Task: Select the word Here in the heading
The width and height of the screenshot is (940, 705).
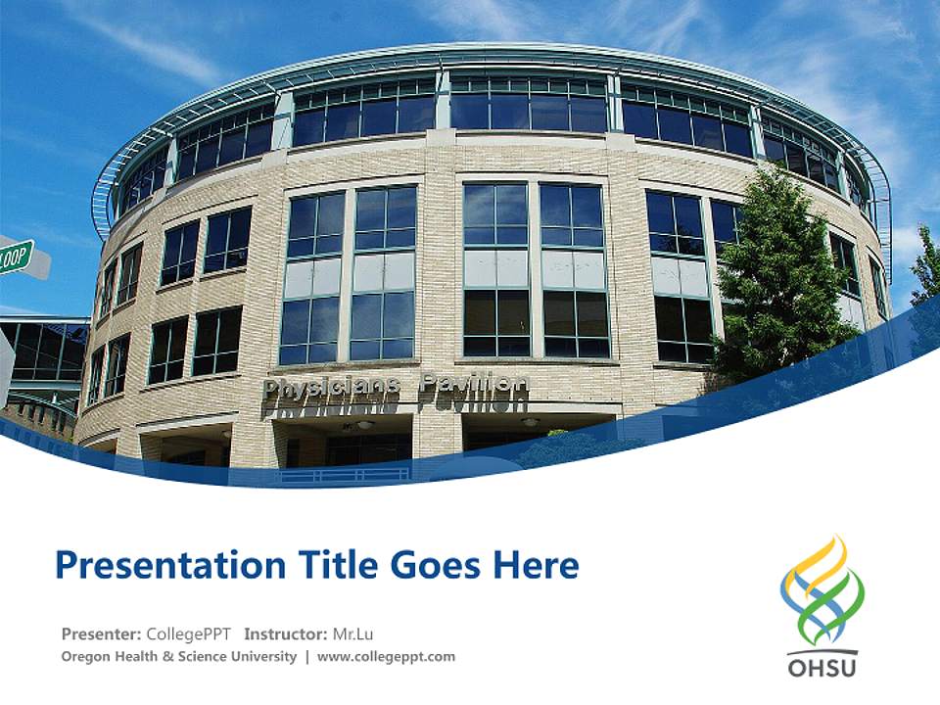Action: [535, 565]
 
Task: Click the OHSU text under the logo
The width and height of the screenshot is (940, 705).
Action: [822, 668]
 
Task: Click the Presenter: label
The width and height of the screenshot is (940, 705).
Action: [101, 634]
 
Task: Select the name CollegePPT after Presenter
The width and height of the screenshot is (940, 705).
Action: [188, 634]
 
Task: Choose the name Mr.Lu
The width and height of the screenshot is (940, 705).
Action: [353, 634]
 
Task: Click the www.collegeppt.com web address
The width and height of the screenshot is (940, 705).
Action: [386, 657]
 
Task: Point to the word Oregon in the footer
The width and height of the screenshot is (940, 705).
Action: [86, 657]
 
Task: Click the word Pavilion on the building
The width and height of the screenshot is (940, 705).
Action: [474, 384]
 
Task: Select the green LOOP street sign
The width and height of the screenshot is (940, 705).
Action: [16, 258]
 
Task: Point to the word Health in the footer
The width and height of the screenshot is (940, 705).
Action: [139, 657]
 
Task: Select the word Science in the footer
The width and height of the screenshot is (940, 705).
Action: [202, 657]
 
